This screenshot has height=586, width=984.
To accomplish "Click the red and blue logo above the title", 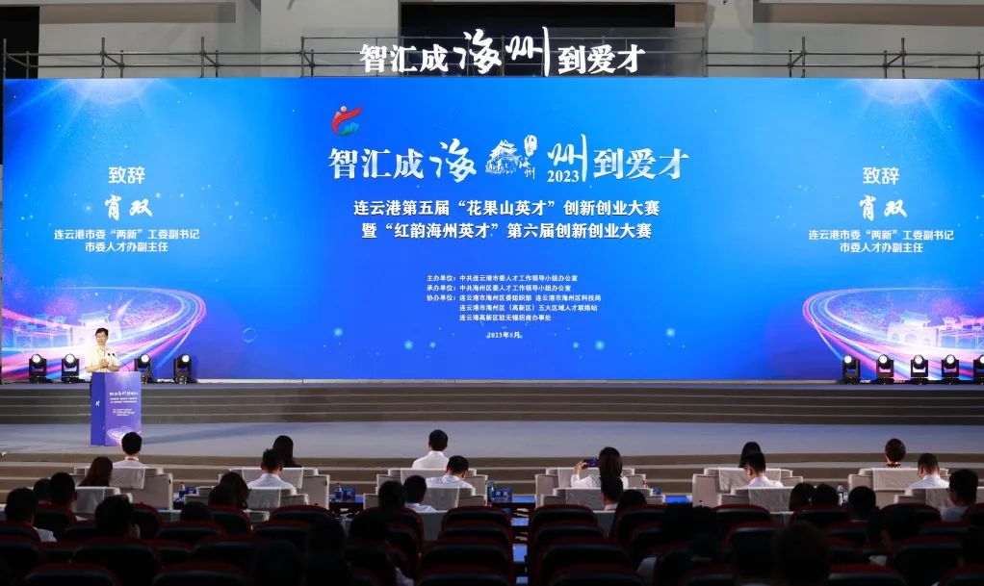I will tap(346, 119).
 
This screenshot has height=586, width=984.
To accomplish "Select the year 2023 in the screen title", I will tap(564, 176).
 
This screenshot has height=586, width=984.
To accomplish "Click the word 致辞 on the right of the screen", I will tap(881, 176).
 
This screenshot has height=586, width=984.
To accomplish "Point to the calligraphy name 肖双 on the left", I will tap(128, 207).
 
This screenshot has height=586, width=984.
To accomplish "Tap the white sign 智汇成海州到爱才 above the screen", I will tap(501, 56).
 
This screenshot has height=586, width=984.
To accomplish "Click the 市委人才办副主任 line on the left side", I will tap(128, 247).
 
